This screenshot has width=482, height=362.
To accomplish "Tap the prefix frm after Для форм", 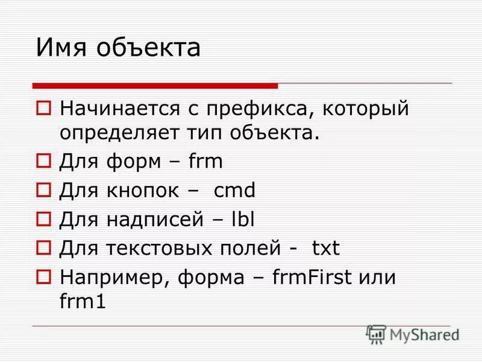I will point(205,162).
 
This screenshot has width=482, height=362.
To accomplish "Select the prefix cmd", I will point(235,191).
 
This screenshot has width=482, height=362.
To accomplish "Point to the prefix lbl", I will point(243,220).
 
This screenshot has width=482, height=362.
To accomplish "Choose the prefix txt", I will point(326,249).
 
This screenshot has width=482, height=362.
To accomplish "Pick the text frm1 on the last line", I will point(83,301).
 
